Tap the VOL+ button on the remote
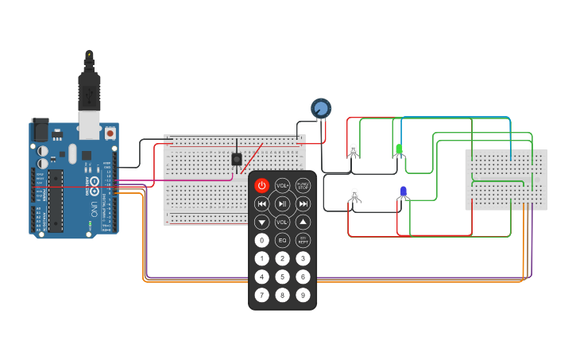(x=282, y=185)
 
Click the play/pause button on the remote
(x=282, y=203)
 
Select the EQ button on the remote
(x=282, y=240)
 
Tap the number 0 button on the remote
(x=261, y=240)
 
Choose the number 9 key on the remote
(x=303, y=295)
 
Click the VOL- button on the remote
(x=282, y=222)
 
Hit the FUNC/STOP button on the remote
(x=303, y=185)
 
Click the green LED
(x=399, y=149)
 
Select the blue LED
(x=403, y=192)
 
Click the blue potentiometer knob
(x=320, y=108)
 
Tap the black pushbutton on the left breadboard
(x=237, y=159)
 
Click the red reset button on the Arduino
(x=110, y=132)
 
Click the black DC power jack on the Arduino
(x=40, y=130)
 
